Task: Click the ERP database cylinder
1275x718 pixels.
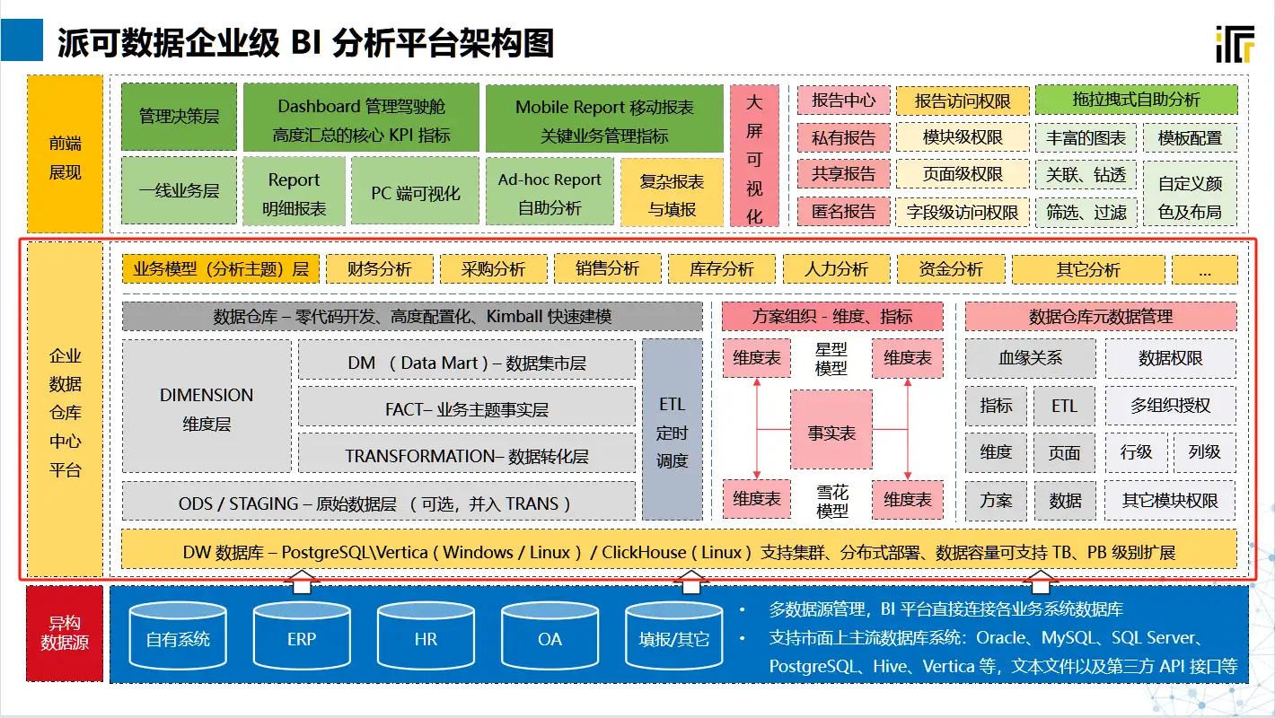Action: (302, 639)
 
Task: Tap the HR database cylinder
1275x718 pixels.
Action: (426, 639)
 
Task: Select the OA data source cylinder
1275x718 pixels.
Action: (550, 639)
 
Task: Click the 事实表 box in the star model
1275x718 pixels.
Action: (831, 433)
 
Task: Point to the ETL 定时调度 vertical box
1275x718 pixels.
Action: (672, 432)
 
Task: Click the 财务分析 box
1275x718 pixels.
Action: (379, 268)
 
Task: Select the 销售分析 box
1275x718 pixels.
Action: (607, 268)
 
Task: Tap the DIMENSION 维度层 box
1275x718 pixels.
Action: (207, 407)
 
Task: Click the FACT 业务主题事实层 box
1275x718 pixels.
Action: (467, 408)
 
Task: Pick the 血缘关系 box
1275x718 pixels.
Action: (1030, 358)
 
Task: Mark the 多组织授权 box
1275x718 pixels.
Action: (1170, 406)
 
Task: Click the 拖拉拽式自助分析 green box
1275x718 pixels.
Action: (1136, 100)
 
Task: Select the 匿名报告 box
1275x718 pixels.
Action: (843, 212)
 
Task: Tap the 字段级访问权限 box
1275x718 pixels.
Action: (962, 213)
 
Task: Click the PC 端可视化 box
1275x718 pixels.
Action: (416, 192)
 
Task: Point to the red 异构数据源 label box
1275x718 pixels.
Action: (65, 632)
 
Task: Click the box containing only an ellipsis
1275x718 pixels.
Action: (1204, 269)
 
